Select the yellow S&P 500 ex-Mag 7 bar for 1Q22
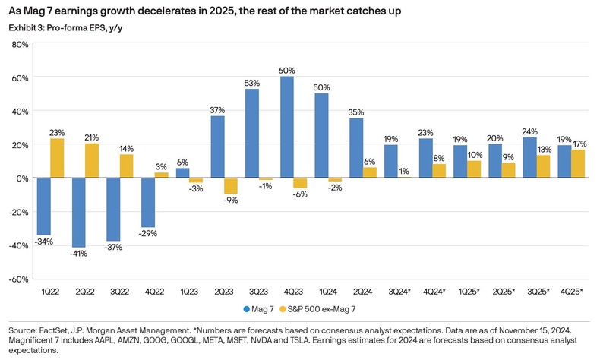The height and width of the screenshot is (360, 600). click(57, 158)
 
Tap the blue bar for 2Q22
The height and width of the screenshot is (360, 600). click(78, 212)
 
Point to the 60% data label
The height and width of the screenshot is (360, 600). click(287, 71)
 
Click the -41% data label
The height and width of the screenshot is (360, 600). click(79, 254)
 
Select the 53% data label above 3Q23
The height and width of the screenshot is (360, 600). click(252, 83)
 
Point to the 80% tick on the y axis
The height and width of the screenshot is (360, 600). click(19, 44)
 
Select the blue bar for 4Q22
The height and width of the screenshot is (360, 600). click(147, 202)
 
